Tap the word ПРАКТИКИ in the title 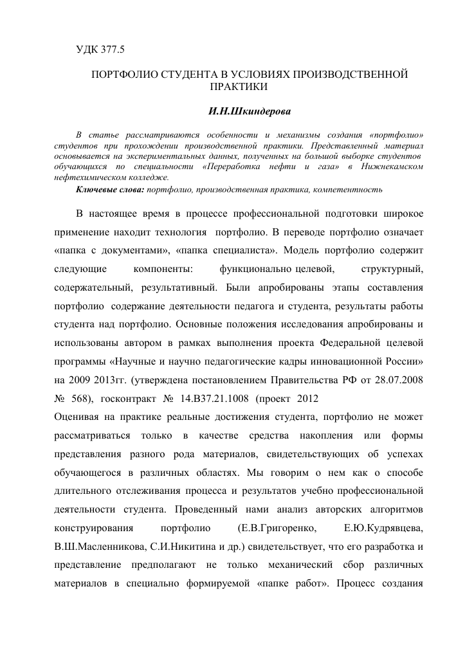tap(238, 86)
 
